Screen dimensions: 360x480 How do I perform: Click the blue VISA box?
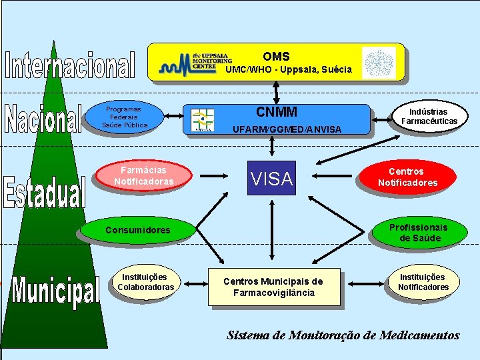coord(271,178)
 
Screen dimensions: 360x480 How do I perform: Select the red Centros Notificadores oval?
coord(407,177)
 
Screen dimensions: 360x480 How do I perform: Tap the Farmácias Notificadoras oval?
coord(143,176)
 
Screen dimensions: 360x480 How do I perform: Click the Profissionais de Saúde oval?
coord(419,232)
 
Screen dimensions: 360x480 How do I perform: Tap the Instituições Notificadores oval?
coord(423,282)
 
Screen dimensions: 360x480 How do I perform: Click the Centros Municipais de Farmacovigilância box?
coord(273,287)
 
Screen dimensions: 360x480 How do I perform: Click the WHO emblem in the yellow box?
coord(379,63)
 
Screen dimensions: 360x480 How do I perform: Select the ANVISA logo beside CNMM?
coord(202,120)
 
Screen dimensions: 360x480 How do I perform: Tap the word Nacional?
coord(43,118)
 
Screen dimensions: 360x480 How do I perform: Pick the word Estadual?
coord(45,191)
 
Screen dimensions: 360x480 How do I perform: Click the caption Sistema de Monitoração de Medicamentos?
coord(343,335)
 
